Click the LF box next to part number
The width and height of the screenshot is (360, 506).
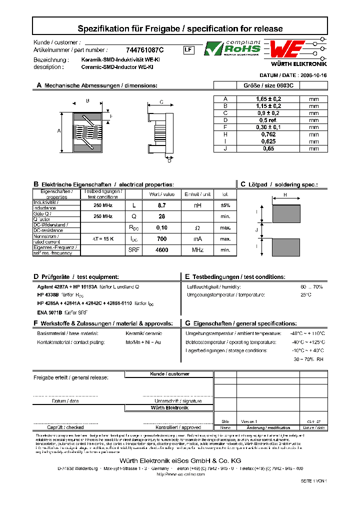188,50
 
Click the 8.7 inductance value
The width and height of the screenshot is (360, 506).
161,205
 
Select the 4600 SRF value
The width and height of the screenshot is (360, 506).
161,250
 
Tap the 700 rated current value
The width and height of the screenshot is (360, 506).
161,239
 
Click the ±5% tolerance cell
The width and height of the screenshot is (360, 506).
225,205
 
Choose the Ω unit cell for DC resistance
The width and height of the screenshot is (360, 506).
196,227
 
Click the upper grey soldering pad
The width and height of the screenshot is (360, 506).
285,214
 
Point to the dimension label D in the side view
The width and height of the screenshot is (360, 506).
169,160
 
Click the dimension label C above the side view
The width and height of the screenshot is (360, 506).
161,102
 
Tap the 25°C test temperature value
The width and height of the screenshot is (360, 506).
305,295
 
